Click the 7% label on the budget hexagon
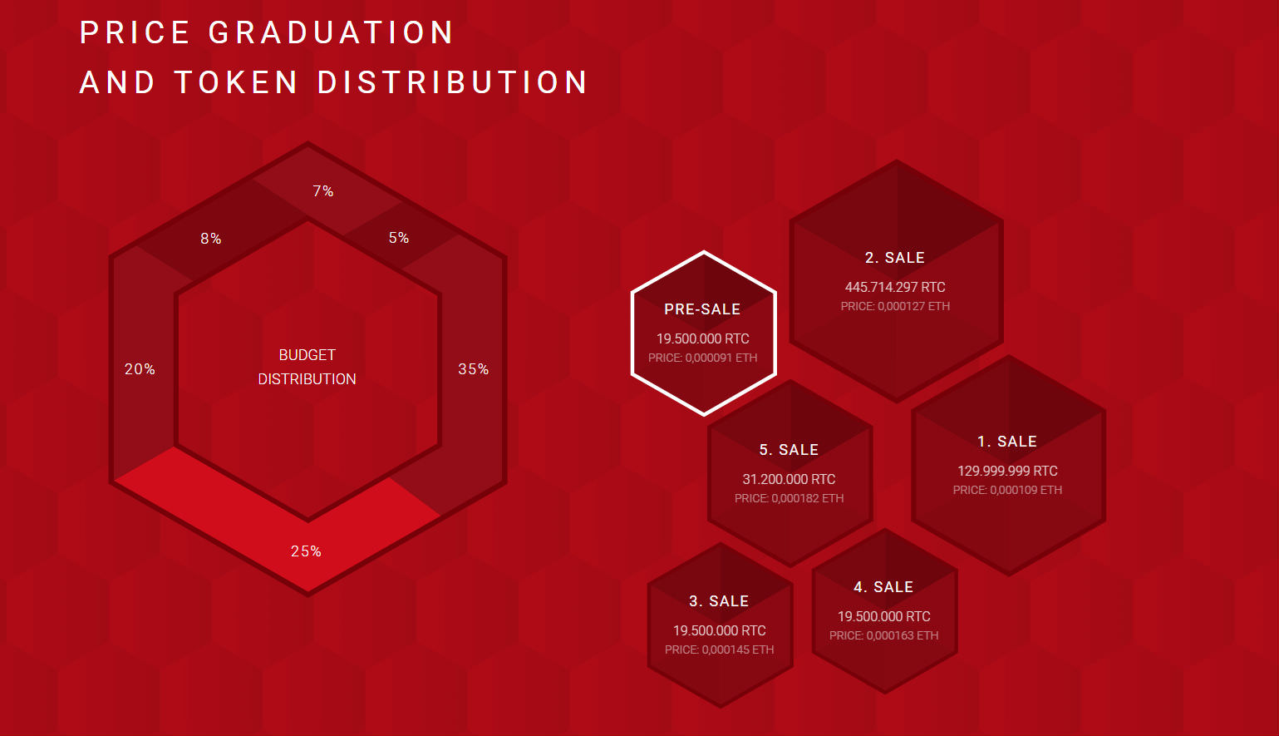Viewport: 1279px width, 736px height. [323, 190]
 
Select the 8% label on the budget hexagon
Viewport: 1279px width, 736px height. [211, 239]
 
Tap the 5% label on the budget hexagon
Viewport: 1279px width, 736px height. [399, 238]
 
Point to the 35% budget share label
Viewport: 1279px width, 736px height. [474, 369]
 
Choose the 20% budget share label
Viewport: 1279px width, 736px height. [140, 369]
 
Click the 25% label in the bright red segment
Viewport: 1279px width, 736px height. [306, 551]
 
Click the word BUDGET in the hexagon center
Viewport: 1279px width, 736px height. [307, 355]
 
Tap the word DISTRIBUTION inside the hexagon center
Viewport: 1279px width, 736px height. [307, 379]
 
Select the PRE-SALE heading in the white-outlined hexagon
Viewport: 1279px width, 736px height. [702, 309]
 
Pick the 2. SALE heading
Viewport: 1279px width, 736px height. [895, 258]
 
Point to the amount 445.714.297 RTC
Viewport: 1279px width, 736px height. [895, 287]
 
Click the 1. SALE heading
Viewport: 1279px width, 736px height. [1007, 442]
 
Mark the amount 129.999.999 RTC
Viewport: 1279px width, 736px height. [1008, 471]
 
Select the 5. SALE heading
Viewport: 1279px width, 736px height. [790, 450]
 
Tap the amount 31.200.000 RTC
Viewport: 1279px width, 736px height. [790, 479]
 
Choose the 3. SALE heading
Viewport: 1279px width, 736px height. [719, 601]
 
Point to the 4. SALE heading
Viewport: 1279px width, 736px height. [883, 587]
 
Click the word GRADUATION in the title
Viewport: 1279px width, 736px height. [331, 32]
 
